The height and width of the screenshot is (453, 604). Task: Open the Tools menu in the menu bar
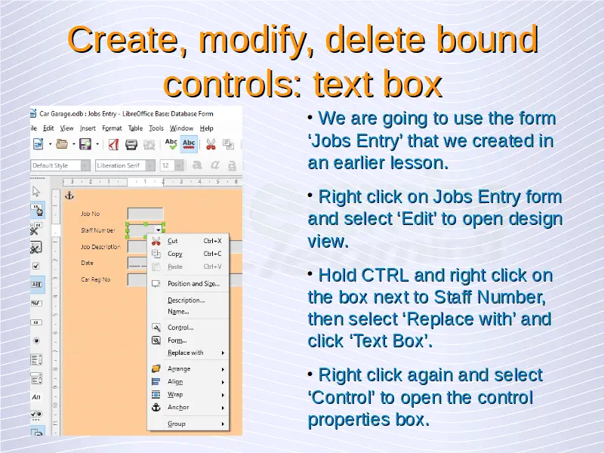click(x=156, y=128)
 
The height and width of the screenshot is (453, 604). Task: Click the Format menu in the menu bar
click(x=112, y=128)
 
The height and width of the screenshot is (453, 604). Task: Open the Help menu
click(x=206, y=128)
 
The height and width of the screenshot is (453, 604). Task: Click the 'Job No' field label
click(x=90, y=214)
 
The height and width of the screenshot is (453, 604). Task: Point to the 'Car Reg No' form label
click(x=96, y=279)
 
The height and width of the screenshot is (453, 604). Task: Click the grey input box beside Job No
click(x=145, y=214)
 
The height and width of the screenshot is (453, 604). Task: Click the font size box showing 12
click(x=171, y=165)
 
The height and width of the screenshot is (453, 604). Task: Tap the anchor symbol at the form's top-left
click(x=69, y=196)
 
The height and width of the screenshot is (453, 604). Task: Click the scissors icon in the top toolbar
click(x=211, y=144)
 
